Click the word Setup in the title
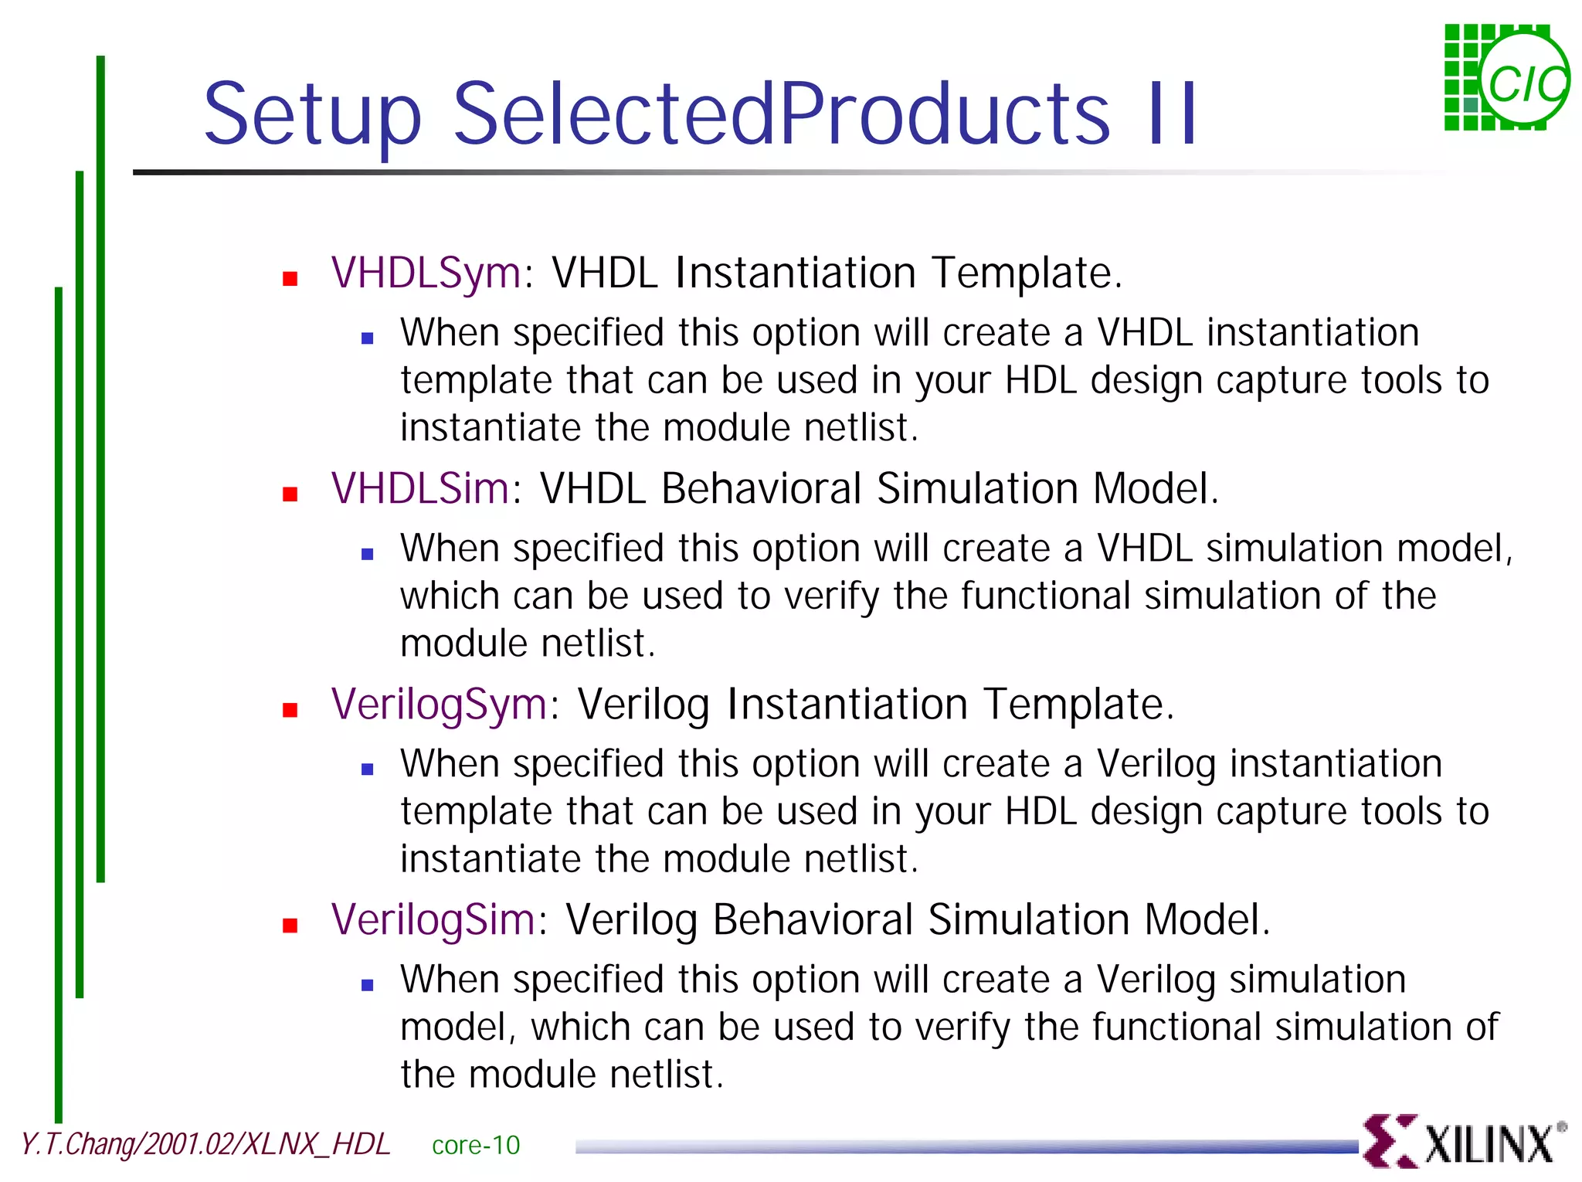(x=312, y=116)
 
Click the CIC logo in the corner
(x=1506, y=77)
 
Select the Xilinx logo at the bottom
(x=1464, y=1141)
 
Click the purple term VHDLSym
(x=426, y=273)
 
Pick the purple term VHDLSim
(x=420, y=488)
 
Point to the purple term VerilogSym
(x=439, y=705)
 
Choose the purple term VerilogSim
(x=433, y=920)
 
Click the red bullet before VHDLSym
(x=290, y=279)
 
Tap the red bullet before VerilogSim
(x=290, y=926)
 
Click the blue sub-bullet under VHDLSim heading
(x=368, y=554)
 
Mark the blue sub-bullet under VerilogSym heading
(x=368, y=769)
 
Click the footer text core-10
(x=476, y=1145)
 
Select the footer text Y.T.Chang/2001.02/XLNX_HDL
(x=205, y=1144)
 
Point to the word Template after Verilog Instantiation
(x=1078, y=705)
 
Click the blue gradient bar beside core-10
(x=966, y=1147)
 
